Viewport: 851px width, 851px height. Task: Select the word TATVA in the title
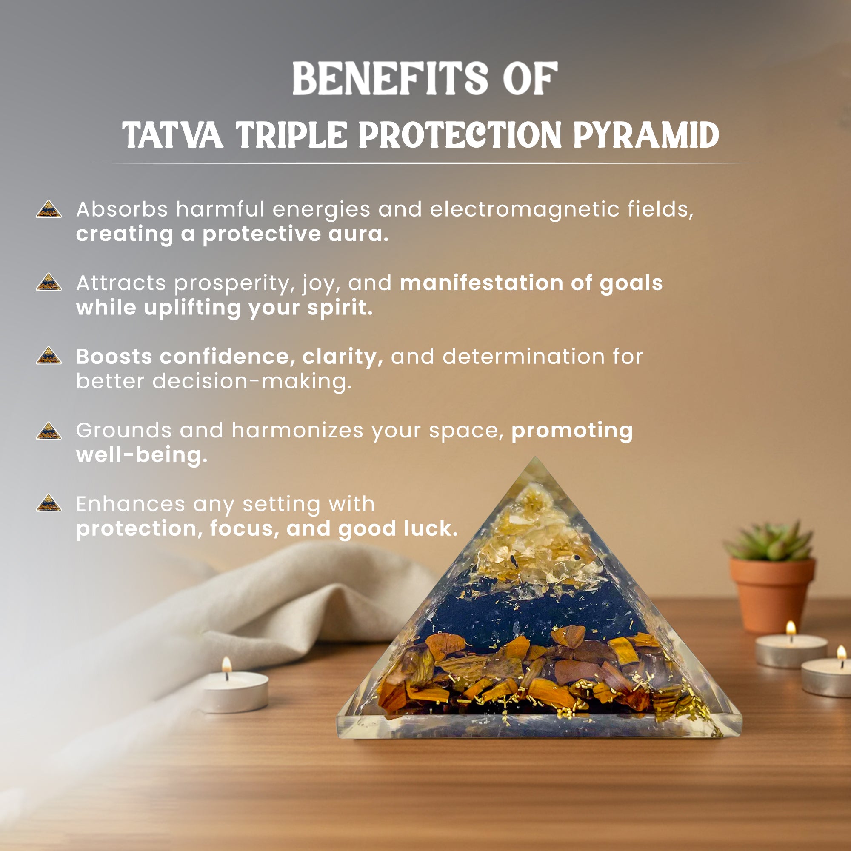coord(172,135)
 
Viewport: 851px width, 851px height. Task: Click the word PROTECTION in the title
coord(460,135)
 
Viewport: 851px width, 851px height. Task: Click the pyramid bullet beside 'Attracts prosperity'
coord(49,283)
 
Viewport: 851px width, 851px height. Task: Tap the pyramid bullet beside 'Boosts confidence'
coord(49,356)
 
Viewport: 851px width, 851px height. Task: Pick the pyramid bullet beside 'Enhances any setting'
coord(49,503)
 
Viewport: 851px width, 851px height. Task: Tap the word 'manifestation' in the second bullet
coord(481,283)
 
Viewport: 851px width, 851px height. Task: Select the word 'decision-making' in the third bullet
coord(252,381)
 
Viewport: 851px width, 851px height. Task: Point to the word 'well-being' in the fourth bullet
coord(141,454)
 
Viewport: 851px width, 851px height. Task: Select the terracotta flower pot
coord(772,595)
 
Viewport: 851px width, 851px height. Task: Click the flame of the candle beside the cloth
coord(226,663)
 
